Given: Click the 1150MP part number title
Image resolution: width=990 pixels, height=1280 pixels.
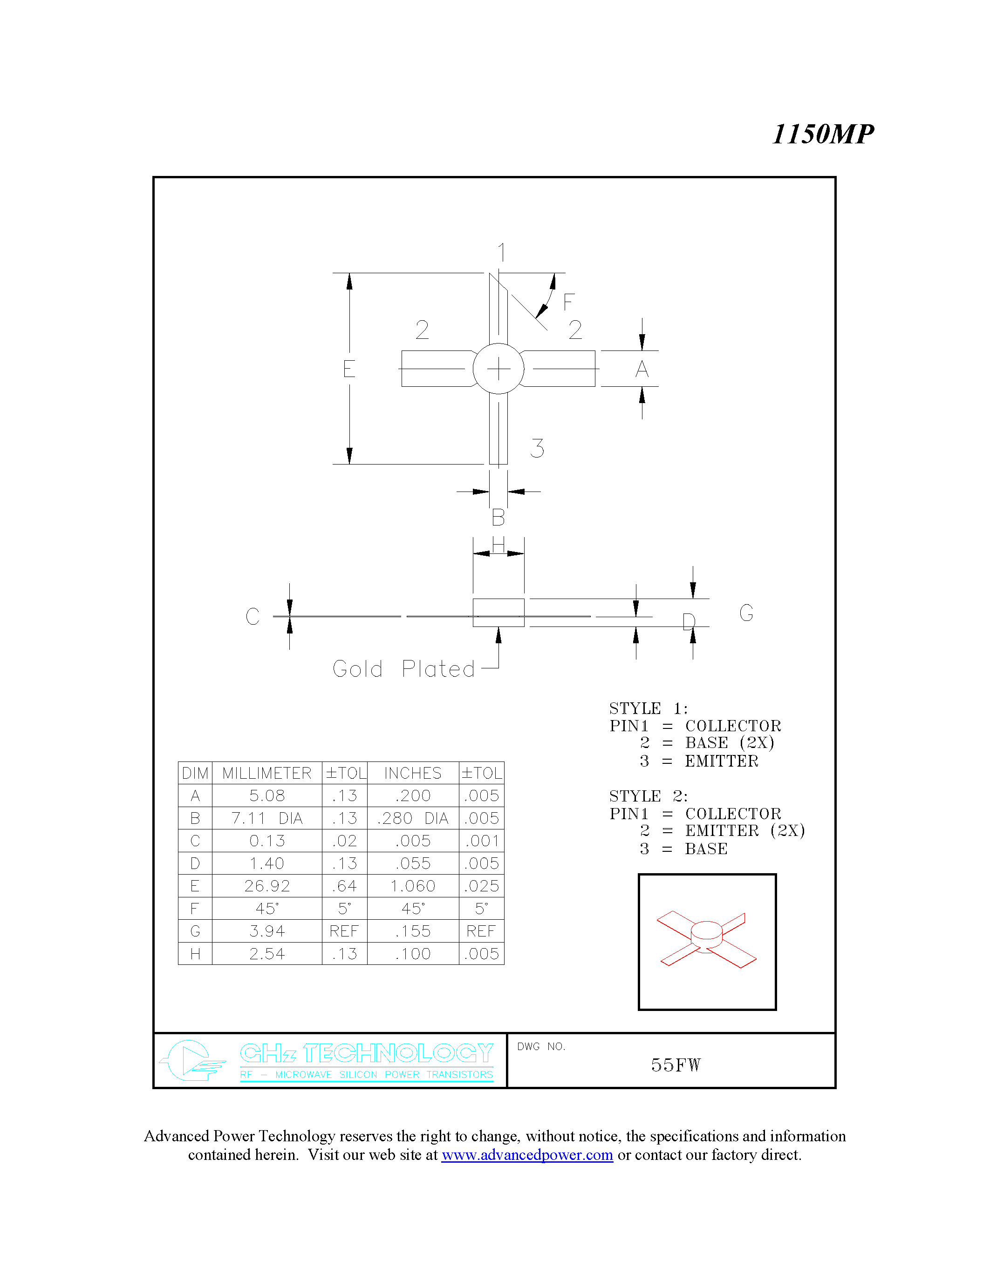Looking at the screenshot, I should (822, 134).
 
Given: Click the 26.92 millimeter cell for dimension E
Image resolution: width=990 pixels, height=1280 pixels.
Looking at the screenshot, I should (267, 886).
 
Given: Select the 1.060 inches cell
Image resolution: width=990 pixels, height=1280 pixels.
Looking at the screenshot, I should (413, 886).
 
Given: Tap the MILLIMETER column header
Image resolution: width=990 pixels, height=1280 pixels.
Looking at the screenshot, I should (267, 773).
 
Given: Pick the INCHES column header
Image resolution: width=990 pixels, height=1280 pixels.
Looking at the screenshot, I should (413, 773).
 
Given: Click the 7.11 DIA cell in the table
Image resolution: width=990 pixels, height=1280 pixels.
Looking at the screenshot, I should (267, 818).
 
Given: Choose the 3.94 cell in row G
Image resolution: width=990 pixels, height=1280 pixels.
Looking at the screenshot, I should (267, 931).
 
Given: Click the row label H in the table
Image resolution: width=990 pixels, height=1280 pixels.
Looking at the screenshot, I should (195, 954).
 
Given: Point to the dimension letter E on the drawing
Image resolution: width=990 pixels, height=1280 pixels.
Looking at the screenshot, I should (349, 369).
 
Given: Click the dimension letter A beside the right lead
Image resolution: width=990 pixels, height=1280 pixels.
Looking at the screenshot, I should (642, 369).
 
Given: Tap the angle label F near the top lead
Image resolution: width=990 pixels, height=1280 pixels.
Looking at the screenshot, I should (568, 302).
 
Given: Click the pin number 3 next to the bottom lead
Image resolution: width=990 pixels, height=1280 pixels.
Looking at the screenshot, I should (537, 448).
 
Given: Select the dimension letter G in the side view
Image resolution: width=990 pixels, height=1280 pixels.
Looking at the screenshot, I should (746, 613).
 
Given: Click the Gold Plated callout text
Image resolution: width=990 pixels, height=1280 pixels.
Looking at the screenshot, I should (403, 669).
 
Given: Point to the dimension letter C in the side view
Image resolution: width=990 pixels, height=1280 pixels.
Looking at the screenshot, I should (252, 616).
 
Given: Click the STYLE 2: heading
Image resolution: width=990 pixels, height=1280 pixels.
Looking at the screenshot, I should (648, 796).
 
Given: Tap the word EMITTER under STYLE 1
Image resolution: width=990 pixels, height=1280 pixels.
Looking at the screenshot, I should (721, 761).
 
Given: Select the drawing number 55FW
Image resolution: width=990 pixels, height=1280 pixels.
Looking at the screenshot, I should (676, 1065).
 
